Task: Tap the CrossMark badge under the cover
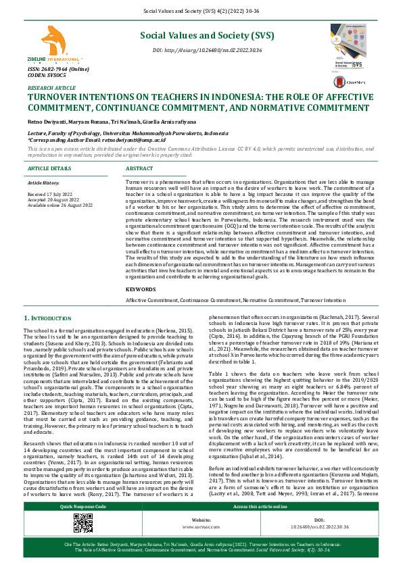[x=360, y=80]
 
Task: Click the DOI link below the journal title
[x=207, y=51]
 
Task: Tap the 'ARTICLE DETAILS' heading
[x=49, y=168]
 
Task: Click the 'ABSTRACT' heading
[x=139, y=168]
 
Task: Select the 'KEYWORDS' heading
[x=141, y=289]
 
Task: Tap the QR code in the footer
[x=83, y=542]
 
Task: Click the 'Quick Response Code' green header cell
[x=83, y=525]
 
